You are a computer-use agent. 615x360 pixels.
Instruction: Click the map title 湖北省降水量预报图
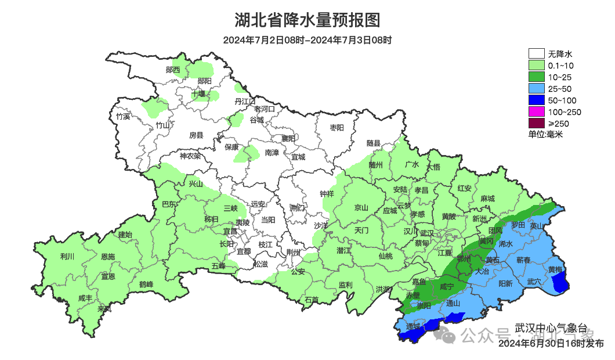[x=307, y=21]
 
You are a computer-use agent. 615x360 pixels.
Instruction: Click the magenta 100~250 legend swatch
[x=537, y=111]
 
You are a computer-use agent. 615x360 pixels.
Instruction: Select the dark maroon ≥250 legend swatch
[x=537, y=123]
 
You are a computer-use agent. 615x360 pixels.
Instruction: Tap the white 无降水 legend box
[x=537, y=54]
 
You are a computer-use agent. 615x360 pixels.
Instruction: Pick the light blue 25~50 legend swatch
[x=537, y=88]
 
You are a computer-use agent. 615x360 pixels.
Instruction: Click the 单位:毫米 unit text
[x=545, y=134]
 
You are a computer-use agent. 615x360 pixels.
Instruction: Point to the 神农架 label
[x=190, y=156]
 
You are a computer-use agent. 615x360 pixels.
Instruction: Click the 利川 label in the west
[x=67, y=256]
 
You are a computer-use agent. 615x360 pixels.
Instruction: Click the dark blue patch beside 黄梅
[x=560, y=283]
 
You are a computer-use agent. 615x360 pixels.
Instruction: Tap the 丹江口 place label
[x=245, y=101]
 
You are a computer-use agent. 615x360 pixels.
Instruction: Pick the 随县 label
[x=373, y=143]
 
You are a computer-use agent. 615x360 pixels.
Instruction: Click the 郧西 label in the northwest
[x=173, y=70]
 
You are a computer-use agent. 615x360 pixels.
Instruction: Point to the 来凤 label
[x=104, y=309]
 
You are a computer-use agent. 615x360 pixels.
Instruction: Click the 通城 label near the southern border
[x=413, y=326]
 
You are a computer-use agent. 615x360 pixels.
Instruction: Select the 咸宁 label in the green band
[x=447, y=286]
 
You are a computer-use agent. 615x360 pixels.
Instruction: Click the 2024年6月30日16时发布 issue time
[x=551, y=344]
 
